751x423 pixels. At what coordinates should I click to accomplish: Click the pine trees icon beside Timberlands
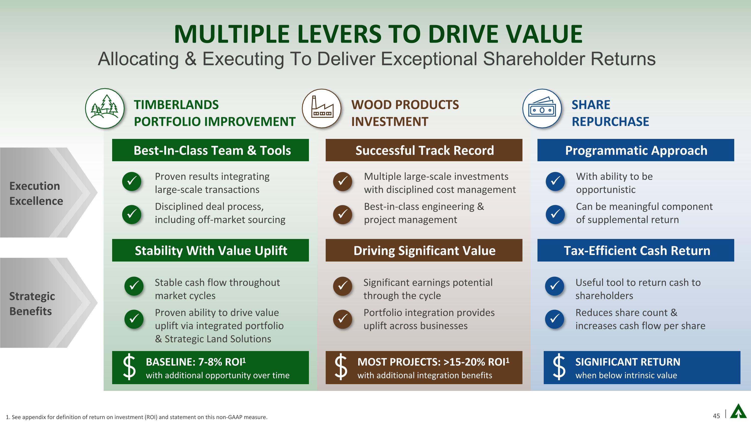(x=105, y=108)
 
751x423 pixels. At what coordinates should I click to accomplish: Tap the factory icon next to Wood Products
(x=322, y=108)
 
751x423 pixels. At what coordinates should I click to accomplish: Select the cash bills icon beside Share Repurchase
(x=542, y=108)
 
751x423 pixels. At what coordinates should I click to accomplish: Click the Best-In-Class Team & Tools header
(x=211, y=150)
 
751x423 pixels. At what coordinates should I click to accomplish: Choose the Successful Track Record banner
(x=424, y=150)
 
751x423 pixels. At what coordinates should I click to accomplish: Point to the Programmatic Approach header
(x=636, y=150)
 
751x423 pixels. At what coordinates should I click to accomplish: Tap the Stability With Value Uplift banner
(x=211, y=250)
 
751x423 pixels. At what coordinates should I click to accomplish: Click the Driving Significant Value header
(x=424, y=250)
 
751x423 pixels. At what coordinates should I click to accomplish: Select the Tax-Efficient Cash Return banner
(x=636, y=250)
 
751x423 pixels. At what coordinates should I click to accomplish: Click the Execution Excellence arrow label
(x=36, y=193)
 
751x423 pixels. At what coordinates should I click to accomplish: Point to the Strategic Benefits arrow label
(x=32, y=303)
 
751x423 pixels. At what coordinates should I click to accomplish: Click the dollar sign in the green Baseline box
(x=129, y=367)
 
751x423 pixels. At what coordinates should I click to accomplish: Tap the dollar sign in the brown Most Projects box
(x=341, y=367)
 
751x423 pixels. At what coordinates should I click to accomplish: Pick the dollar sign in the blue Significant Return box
(x=559, y=367)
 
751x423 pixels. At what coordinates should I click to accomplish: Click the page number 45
(x=716, y=416)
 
